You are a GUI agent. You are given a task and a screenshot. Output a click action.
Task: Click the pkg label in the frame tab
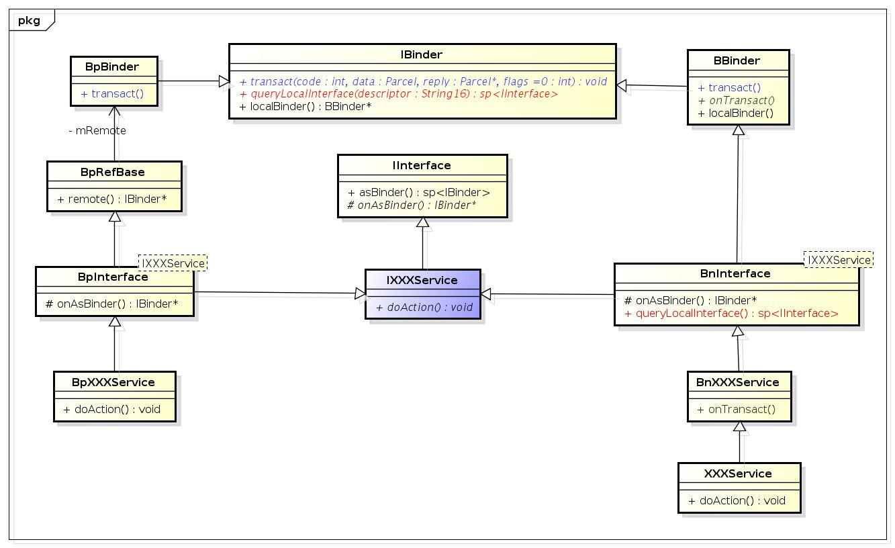click(29, 20)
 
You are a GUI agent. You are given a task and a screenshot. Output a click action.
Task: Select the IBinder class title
click(422, 54)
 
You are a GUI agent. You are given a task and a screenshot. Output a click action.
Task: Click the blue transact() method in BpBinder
click(112, 93)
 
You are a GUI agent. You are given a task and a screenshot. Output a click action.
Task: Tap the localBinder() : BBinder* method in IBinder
click(305, 106)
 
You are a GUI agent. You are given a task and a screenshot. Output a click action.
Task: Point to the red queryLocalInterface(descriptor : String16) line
click(398, 94)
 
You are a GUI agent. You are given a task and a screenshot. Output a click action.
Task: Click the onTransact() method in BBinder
click(737, 100)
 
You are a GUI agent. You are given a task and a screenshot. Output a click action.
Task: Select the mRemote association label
click(97, 131)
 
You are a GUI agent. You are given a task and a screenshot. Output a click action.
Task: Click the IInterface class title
click(422, 165)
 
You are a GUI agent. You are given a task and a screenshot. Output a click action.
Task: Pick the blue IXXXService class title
click(422, 280)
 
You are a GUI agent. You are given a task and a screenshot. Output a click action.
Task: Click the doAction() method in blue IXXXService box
click(424, 307)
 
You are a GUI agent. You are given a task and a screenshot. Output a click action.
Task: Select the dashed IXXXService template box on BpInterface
click(173, 262)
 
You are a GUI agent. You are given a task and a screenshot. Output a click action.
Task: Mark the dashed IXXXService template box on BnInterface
click(839, 260)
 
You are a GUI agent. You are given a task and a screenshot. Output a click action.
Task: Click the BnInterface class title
click(735, 273)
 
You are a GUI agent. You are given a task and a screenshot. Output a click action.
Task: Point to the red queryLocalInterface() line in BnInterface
click(731, 313)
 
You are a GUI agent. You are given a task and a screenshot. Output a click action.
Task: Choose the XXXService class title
click(738, 473)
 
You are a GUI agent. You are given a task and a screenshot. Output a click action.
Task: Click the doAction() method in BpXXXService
click(112, 409)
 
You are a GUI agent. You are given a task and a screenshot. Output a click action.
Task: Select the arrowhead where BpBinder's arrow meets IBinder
click(223, 81)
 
